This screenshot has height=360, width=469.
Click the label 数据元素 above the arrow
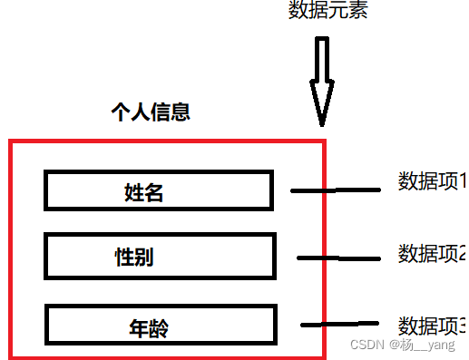tap(327, 10)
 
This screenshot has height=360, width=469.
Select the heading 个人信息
tap(150, 112)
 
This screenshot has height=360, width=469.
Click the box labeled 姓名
tap(158, 190)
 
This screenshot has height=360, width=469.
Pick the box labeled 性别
tap(159, 256)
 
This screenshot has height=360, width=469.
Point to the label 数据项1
tap(432, 181)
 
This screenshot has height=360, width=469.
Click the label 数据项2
tap(432, 253)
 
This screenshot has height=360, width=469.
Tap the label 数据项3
tap(432, 325)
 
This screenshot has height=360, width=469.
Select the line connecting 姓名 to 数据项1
tap(335, 190)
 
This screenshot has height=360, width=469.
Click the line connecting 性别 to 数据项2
tap(337, 258)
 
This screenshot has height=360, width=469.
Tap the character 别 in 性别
tap(143, 257)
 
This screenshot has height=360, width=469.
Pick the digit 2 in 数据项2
tap(463, 253)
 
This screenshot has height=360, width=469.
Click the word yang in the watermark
tap(442, 346)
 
